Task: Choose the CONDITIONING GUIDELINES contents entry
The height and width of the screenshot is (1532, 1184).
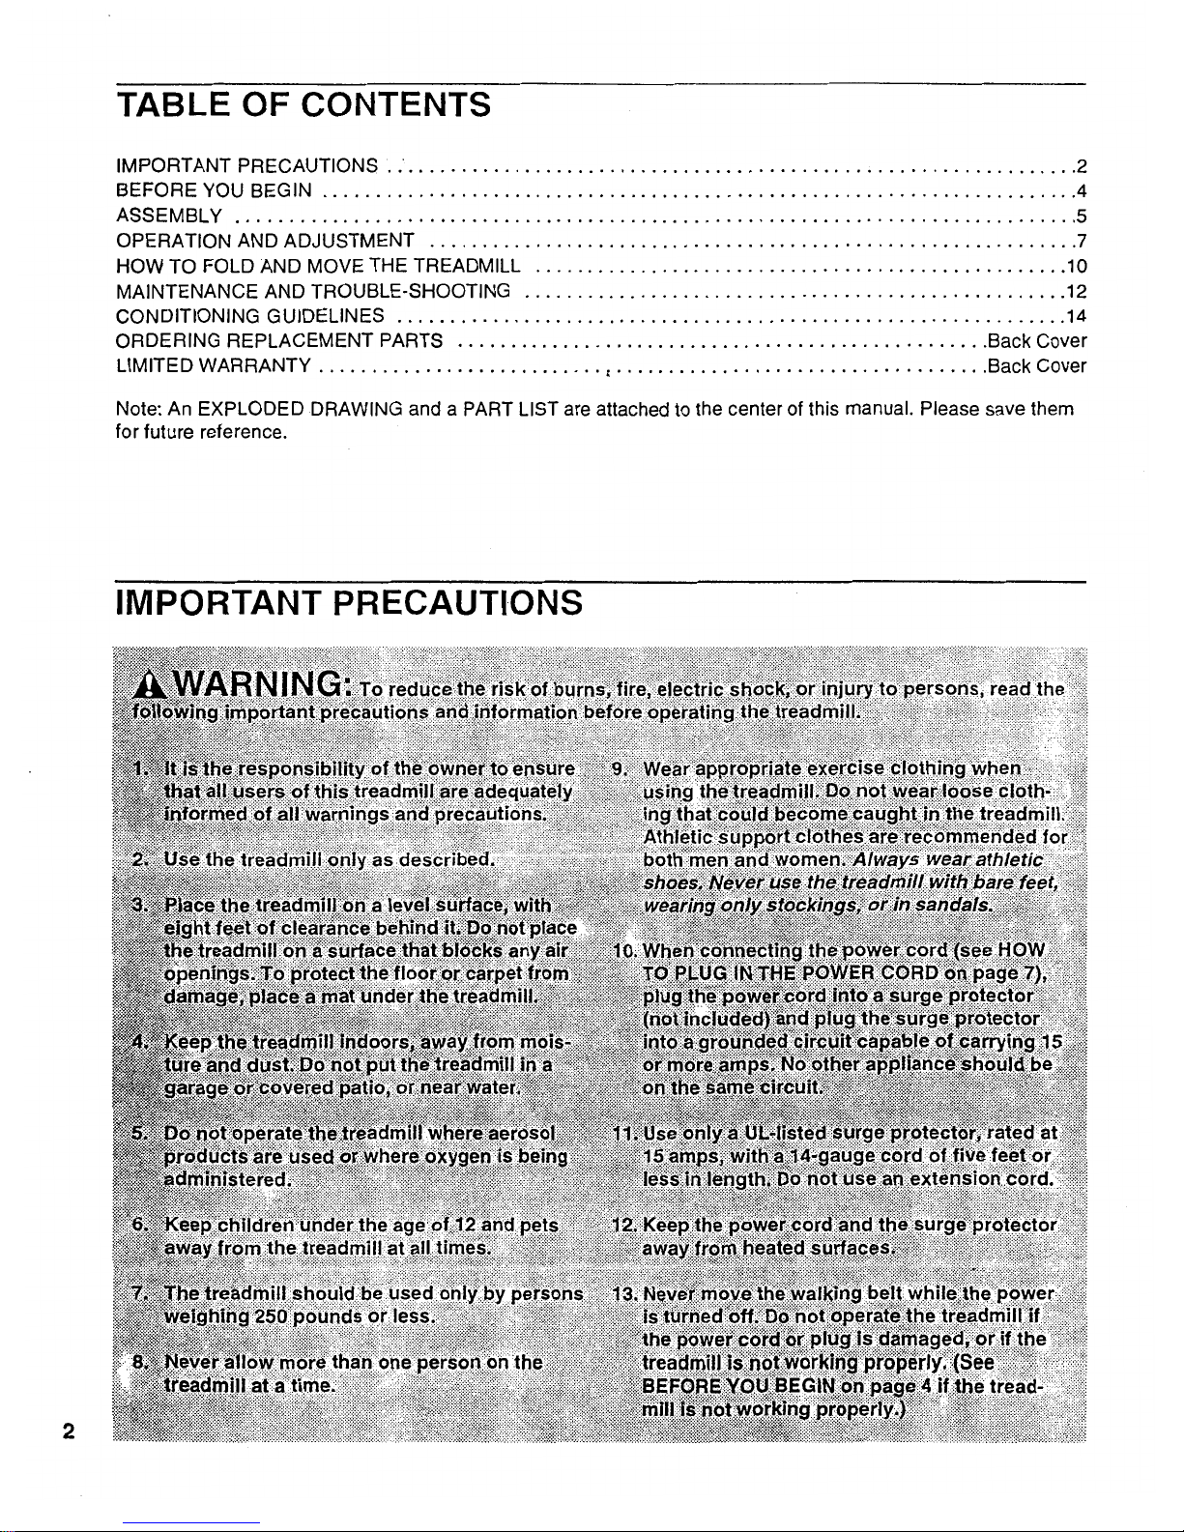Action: [x=250, y=315]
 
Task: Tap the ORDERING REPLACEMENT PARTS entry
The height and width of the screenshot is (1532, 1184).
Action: [x=278, y=340]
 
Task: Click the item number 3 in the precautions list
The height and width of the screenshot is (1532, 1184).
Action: [x=141, y=906]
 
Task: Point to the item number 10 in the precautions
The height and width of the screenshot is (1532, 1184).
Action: [x=622, y=948]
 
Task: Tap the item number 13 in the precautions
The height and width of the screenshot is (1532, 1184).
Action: [x=623, y=1294]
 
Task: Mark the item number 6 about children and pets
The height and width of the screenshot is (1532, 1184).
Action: [x=140, y=1226]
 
